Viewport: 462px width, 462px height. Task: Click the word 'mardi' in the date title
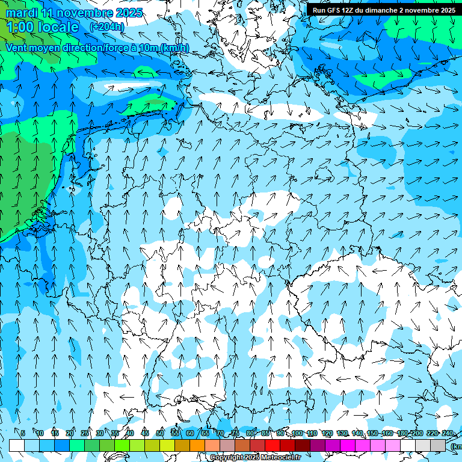coord(21,13)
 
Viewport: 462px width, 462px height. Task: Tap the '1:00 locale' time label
coord(43,27)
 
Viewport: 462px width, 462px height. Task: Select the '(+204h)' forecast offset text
coord(107,27)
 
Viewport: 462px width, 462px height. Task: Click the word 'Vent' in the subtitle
coord(17,48)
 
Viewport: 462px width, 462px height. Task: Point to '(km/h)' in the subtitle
coord(174,48)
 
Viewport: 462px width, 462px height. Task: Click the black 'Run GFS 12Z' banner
coord(383,10)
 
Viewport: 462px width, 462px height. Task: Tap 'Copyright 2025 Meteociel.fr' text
coord(255,458)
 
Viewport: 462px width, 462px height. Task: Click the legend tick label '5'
coord(23,433)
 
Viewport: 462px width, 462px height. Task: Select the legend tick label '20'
coord(70,433)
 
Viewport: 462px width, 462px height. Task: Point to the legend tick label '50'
coord(160,433)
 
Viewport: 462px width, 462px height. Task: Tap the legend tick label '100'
coord(297,433)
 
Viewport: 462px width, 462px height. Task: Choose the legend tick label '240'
coord(448,433)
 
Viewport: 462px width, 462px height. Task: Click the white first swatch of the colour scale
coord(17,445)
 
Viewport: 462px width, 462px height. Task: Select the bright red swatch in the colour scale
coord(273,445)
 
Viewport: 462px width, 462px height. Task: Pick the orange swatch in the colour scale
coord(197,445)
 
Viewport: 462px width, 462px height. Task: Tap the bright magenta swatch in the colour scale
coord(348,445)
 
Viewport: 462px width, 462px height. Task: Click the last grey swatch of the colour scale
coord(438,445)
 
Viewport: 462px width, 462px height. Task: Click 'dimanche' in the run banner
coord(377,10)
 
